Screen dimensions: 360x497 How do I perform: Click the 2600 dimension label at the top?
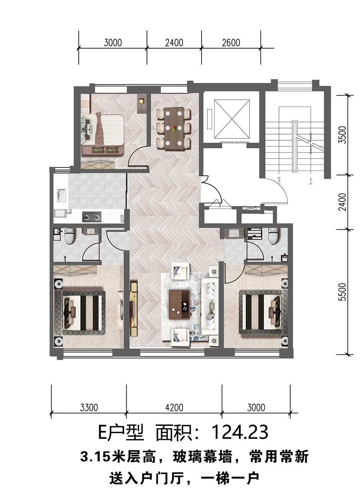(231, 42)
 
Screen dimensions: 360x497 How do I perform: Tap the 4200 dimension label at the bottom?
(174, 408)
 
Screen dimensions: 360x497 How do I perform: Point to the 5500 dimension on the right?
(343, 292)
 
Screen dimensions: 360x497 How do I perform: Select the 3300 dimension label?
(89, 408)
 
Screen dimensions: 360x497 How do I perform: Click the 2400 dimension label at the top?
(174, 42)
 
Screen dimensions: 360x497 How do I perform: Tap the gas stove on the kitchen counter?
(92, 217)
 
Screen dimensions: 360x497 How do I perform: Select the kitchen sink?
(61, 195)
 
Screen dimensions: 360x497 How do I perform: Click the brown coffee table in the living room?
(179, 304)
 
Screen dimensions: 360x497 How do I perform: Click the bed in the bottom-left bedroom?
(80, 310)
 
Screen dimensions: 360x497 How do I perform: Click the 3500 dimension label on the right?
(343, 135)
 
